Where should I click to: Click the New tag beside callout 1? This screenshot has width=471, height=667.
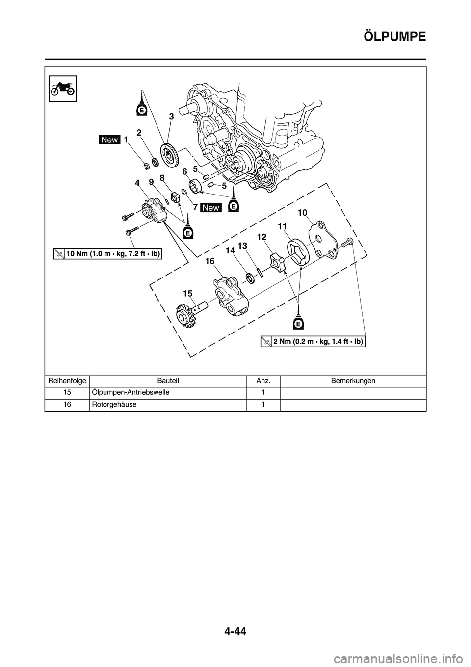coord(109,140)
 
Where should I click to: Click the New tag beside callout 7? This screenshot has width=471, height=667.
coord(210,208)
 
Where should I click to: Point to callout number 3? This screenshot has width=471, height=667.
coord(171,117)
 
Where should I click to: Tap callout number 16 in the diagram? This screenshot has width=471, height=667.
coord(210,262)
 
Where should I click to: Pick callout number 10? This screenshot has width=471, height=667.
coord(302,212)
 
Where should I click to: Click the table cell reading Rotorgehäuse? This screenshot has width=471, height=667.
coord(114,405)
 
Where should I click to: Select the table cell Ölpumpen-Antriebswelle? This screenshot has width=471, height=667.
coord(131,393)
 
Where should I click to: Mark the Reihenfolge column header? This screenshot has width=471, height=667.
coord(67,381)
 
